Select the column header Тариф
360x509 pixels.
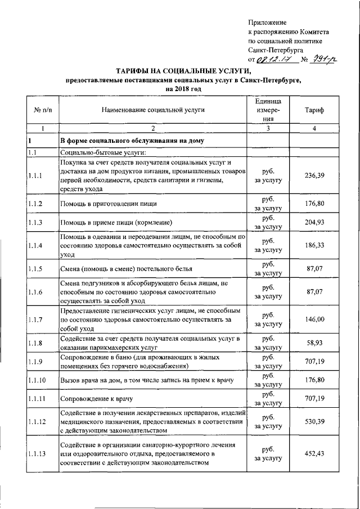point(314,110)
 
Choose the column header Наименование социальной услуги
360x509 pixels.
point(153,110)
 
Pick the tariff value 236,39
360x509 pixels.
point(314,175)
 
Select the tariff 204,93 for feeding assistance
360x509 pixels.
point(314,222)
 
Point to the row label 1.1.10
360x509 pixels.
point(37,380)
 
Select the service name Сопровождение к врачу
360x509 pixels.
point(97,399)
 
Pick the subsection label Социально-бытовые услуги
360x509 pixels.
point(103,152)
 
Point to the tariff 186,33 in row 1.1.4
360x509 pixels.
point(314,246)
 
